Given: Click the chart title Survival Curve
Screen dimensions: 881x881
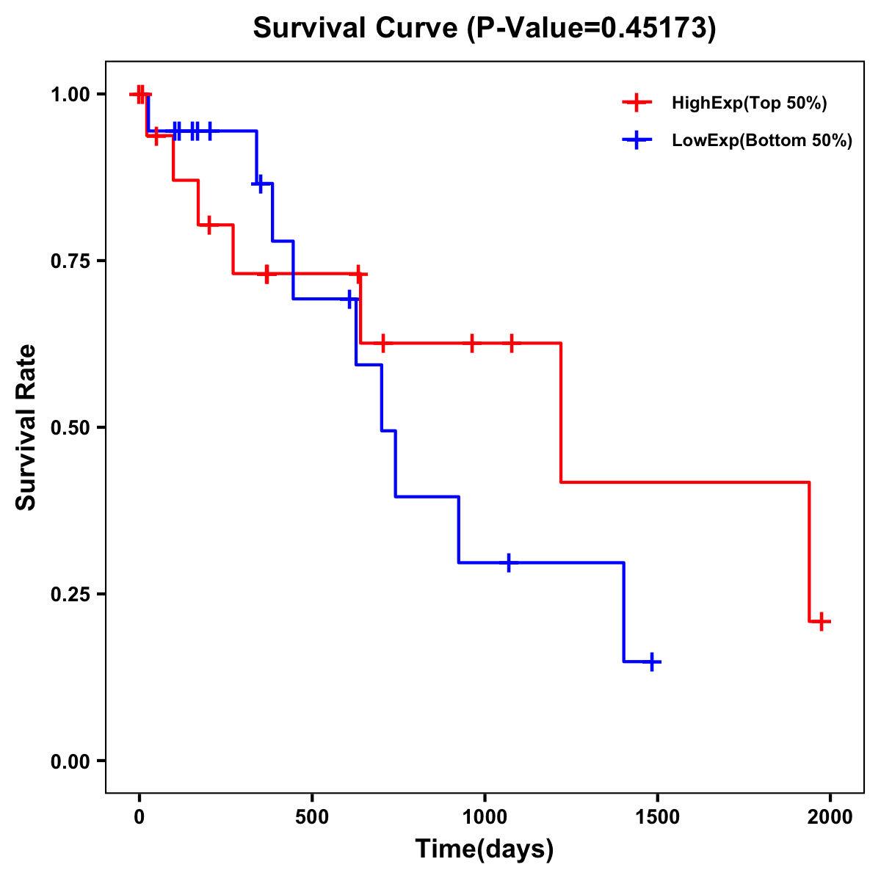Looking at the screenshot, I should pos(484,28).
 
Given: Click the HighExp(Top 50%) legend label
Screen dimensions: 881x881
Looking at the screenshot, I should pos(750,104).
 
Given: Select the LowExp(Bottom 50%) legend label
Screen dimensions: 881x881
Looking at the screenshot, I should pos(762,141).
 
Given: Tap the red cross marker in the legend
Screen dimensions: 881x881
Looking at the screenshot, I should pos(637,103).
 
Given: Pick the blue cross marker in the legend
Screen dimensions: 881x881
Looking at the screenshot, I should pos(637,140).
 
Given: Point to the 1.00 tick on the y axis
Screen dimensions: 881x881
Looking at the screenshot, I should pos(70,94).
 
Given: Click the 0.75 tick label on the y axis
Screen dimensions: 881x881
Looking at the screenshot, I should pos(70,261).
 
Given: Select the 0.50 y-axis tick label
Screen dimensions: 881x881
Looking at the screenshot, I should pos(70,427).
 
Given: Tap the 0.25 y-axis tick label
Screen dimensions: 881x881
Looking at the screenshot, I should pos(70,594).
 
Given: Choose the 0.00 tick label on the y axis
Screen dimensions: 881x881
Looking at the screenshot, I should pos(70,761).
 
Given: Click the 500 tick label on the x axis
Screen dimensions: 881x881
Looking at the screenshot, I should pos(312,818).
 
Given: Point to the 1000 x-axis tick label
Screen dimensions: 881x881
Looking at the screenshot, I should pos(485,818).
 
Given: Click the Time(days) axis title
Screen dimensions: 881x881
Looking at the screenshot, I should pos(485,849).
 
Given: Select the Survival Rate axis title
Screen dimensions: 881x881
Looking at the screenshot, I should pos(26,427).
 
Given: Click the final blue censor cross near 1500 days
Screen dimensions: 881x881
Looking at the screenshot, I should pos(651,661).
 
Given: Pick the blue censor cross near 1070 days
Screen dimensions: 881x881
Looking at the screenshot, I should pos(509,562).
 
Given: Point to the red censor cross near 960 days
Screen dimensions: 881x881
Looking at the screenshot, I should pos(471,343).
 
